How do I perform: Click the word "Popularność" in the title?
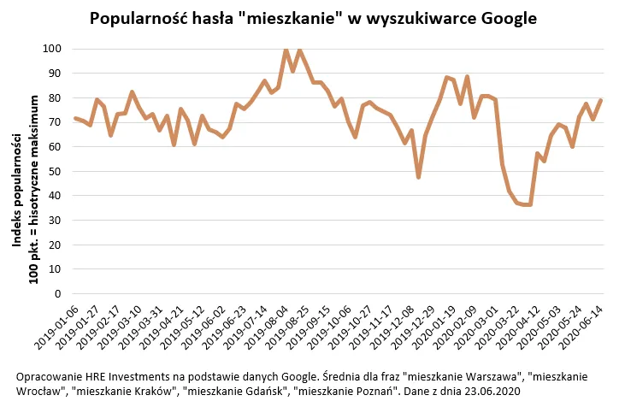point(138,18)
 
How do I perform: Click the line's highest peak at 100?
point(286,50)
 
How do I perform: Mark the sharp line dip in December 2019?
point(418,177)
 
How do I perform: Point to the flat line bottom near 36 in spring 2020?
point(525,204)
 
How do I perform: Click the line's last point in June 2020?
point(601,100)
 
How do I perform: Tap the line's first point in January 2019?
point(75,118)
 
